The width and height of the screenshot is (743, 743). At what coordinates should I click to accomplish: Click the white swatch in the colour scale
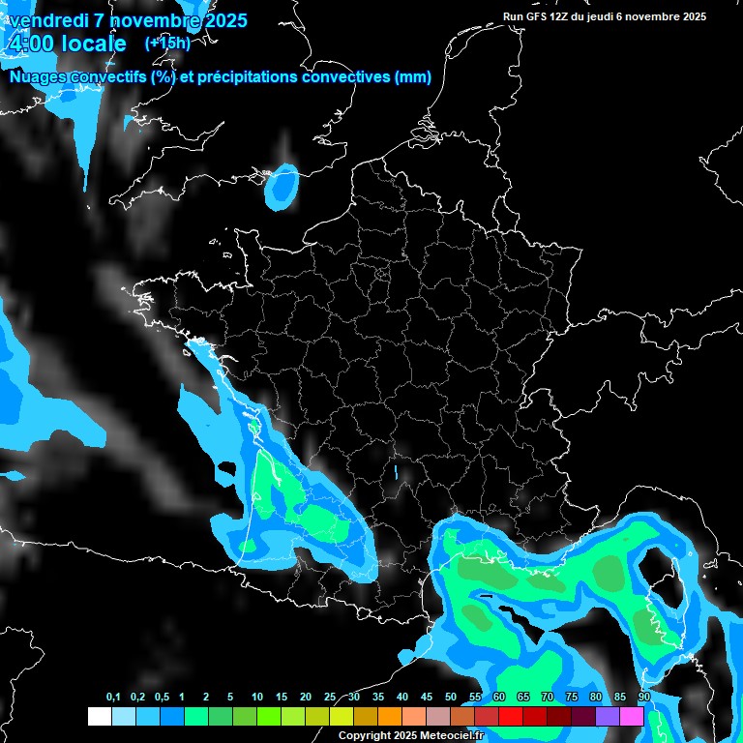pos(99,716)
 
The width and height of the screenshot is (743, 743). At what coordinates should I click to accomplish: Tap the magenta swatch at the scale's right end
pos(632,716)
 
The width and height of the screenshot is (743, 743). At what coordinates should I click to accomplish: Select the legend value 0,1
pos(113,698)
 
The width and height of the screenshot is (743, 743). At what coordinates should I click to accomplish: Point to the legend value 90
pos(643,698)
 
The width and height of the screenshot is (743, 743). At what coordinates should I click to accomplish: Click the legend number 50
pos(451,698)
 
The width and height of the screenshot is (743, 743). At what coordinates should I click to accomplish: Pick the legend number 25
pos(330,698)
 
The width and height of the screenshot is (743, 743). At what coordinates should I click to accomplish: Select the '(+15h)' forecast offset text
pos(167,44)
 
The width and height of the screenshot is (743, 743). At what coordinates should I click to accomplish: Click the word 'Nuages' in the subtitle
pos(40,77)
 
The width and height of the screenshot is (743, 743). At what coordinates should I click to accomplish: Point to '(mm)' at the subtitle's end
pos(413,77)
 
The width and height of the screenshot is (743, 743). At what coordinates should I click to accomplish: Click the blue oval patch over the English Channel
pos(282,185)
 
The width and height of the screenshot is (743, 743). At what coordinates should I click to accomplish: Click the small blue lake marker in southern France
pos(395,472)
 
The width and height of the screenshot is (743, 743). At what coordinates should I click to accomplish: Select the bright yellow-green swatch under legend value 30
pos(342,716)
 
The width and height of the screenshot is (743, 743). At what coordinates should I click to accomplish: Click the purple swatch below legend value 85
pos(608,716)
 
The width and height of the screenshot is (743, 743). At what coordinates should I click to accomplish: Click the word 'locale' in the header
pos(93,44)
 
